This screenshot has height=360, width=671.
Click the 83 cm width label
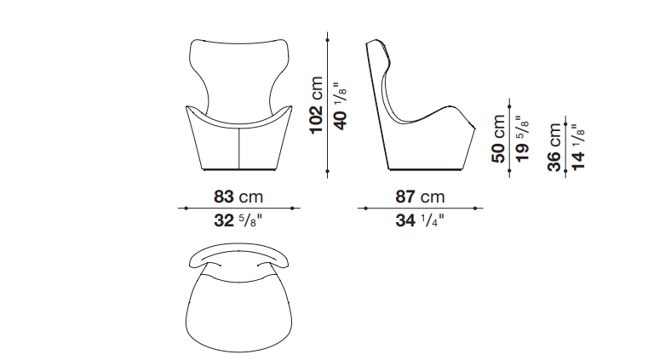point(238,197)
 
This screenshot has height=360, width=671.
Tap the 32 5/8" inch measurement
point(238,220)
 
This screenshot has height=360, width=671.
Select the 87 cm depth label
point(421,197)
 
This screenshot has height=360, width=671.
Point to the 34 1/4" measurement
point(420,220)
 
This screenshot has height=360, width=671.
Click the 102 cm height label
point(317,106)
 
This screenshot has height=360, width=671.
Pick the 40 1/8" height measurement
point(341,106)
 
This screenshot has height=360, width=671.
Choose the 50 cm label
point(498,139)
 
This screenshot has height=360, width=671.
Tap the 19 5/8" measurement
point(523,139)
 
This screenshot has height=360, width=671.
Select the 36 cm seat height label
point(554,147)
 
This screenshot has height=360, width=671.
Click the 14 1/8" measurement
point(578,147)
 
